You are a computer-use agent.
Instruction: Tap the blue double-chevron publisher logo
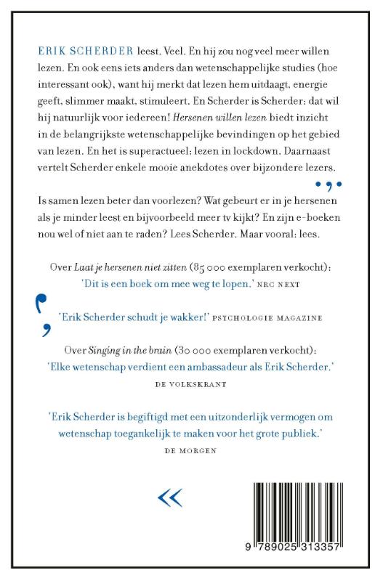pyautogui.click(x=170, y=497)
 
